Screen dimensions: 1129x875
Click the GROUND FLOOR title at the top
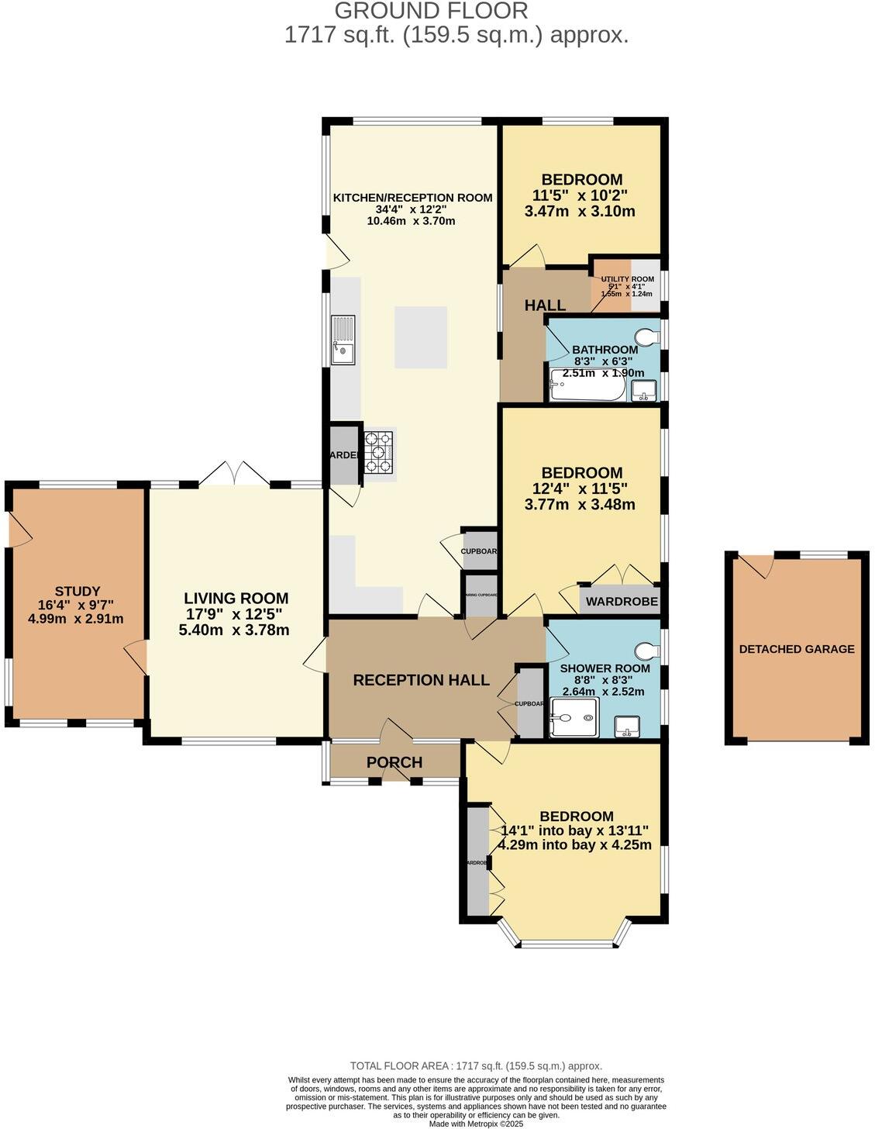click(x=432, y=11)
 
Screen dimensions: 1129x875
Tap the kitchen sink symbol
click(x=343, y=340)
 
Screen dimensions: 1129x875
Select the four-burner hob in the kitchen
click(x=379, y=451)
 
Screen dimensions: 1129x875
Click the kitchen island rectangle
click(x=421, y=337)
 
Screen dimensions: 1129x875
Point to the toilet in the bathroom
click(x=646, y=337)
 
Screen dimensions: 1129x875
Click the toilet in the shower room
click(x=646, y=650)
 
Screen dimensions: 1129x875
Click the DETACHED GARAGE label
click(x=796, y=649)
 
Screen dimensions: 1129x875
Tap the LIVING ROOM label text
click(x=236, y=598)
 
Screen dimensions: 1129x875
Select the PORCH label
click(x=394, y=762)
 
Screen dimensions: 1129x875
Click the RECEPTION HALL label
click(x=421, y=680)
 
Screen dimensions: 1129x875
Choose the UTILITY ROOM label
click(x=627, y=279)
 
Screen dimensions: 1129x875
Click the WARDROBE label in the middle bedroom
click(x=622, y=602)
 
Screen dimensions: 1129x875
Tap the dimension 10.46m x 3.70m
click(x=411, y=221)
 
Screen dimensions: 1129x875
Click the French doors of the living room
click(x=235, y=475)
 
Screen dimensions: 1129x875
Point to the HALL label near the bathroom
click(x=545, y=306)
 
